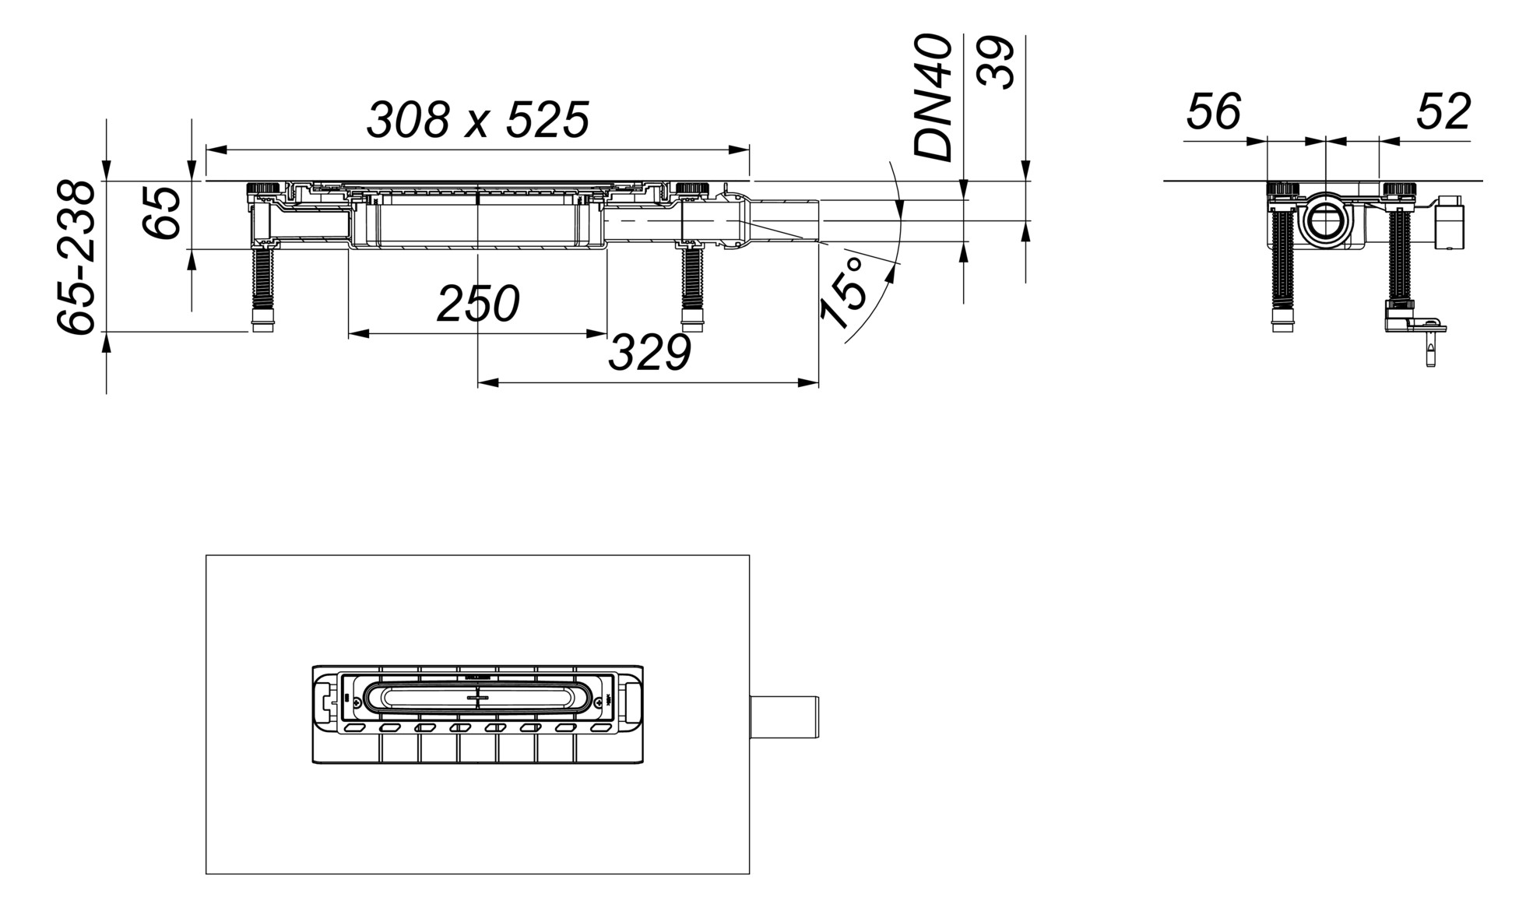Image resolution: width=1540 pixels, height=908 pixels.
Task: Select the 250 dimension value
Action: tap(477, 304)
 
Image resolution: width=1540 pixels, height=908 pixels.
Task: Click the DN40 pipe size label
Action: tap(933, 98)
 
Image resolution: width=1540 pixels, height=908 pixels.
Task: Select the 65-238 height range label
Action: tap(78, 258)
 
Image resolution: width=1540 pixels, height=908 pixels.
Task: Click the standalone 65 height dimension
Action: tap(163, 212)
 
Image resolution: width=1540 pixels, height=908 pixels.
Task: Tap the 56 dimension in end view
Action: tap(1213, 112)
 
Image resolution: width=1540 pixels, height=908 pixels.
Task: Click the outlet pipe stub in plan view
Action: tap(784, 716)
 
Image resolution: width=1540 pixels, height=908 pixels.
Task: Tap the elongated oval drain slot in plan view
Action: tap(477, 699)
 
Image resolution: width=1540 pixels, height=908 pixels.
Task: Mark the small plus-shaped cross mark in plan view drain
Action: tap(477, 699)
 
